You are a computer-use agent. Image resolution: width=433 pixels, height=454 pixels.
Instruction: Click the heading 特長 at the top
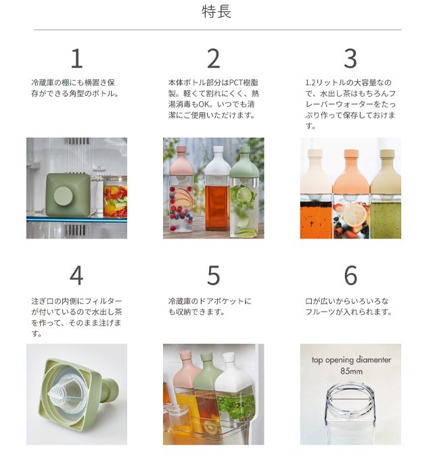click(x=216, y=12)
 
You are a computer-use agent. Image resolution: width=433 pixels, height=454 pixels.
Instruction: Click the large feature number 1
click(x=77, y=59)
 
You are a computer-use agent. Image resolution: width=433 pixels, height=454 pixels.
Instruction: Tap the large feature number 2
click(x=213, y=59)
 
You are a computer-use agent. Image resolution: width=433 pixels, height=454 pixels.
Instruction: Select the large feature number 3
click(x=350, y=59)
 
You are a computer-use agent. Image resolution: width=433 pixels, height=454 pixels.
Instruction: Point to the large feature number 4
click(x=76, y=275)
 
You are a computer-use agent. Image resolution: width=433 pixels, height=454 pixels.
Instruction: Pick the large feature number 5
click(x=213, y=275)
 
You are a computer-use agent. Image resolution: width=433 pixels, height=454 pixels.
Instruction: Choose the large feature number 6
click(x=350, y=275)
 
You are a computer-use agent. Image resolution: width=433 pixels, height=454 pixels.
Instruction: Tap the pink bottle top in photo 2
click(x=181, y=160)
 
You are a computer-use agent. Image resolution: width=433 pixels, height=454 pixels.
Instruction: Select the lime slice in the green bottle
click(x=244, y=195)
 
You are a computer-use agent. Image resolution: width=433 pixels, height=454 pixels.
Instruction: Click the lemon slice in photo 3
click(x=354, y=216)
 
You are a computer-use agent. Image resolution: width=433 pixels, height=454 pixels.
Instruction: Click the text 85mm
click(x=351, y=371)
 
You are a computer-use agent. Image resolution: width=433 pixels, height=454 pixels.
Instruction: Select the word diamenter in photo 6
click(x=373, y=360)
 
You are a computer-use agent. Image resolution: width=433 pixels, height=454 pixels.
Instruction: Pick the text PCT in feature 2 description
click(x=236, y=83)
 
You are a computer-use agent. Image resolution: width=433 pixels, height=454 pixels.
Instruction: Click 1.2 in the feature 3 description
click(x=311, y=83)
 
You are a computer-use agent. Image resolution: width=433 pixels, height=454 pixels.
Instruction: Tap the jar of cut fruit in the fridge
click(x=115, y=197)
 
